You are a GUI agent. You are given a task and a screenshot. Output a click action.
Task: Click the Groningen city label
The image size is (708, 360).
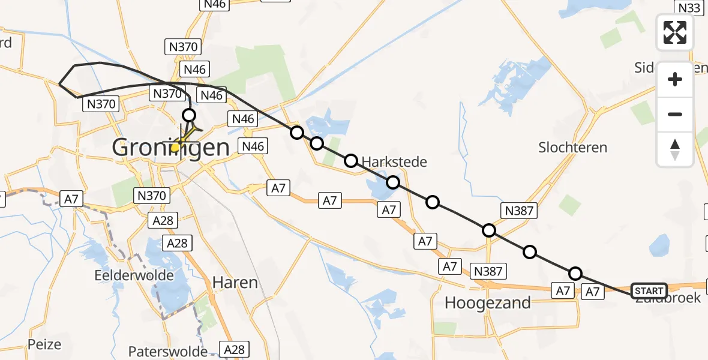point(170,148)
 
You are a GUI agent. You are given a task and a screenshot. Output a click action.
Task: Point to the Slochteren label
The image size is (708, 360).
point(572,148)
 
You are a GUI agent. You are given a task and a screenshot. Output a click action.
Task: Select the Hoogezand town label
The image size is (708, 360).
point(487,303)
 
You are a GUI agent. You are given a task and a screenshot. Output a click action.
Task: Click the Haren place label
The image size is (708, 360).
point(235,283)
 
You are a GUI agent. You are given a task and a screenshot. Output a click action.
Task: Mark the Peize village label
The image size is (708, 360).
point(44,344)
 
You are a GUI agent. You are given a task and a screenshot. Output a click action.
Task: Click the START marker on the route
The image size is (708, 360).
point(649,291)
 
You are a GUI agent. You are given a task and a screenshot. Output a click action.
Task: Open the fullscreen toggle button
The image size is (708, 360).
point(675,32)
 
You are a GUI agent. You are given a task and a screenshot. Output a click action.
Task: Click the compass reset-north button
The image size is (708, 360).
point(675,149)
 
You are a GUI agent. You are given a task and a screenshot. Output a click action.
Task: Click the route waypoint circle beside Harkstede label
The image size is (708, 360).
point(351,161)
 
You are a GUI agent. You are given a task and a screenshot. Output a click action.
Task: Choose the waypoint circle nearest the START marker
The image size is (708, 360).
point(575,274)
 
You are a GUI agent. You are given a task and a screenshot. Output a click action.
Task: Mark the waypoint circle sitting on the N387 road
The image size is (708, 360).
point(489,230)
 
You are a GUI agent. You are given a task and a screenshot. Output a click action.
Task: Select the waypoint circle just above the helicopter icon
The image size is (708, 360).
point(189,115)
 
